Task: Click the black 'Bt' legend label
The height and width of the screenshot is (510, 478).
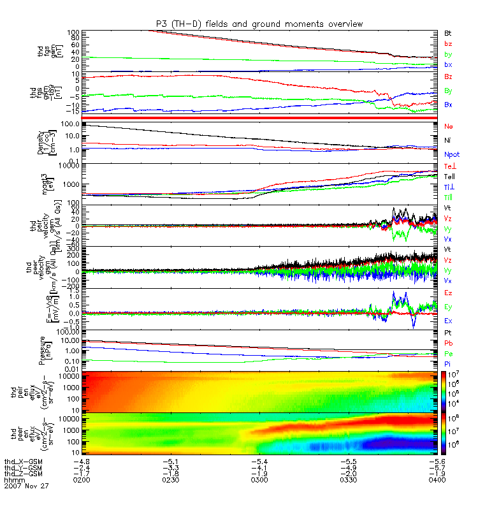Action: click(x=448, y=32)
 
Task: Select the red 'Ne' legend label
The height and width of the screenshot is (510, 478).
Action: click(x=449, y=127)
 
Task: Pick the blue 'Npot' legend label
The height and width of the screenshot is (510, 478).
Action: click(x=451, y=154)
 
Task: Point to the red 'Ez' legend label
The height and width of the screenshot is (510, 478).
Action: click(x=448, y=292)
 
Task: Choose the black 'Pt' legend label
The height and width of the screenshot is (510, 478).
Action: click(x=448, y=333)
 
